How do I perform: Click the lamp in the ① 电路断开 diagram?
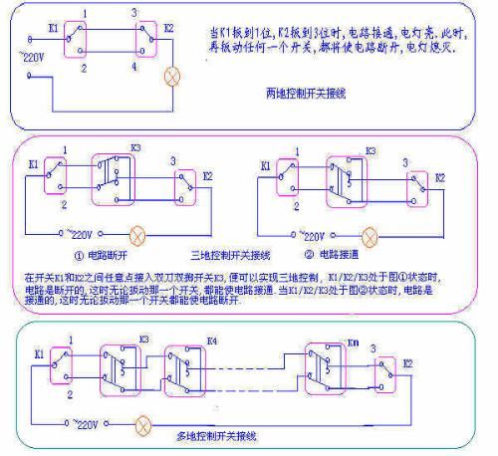click(x=137, y=237)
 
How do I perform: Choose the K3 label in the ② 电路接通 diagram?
click(x=371, y=150)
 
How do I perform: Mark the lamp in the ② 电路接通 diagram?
click(x=371, y=236)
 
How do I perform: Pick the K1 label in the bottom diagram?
click(x=39, y=352)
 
